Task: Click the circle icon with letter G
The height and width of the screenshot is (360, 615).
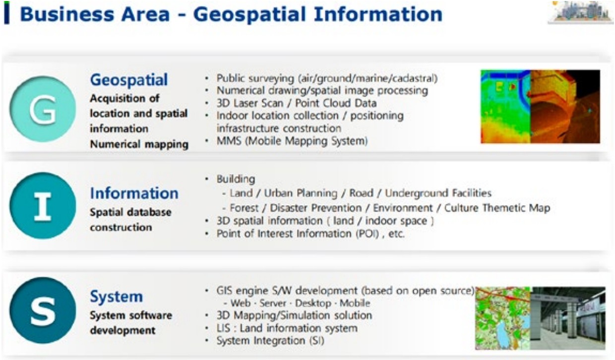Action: (43, 109)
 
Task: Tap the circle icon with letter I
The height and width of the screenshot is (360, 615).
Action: (43, 206)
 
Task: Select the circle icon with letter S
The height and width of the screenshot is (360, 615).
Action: (43, 310)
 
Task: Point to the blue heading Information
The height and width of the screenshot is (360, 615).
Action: (134, 193)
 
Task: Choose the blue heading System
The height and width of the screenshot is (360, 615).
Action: (117, 297)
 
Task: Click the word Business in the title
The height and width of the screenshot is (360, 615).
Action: (67, 14)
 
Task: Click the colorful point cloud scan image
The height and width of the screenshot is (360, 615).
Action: (540, 107)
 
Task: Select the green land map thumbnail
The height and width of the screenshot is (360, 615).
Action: (503, 318)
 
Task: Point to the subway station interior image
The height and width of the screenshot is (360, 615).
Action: (568, 318)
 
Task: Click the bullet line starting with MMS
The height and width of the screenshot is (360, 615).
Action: (292, 141)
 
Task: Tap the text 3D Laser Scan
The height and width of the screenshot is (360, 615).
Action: (249, 103)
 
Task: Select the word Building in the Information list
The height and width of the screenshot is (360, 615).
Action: (236, 179)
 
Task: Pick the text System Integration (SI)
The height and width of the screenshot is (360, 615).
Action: (270, 341)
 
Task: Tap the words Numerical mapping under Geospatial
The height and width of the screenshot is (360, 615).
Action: (139, 144)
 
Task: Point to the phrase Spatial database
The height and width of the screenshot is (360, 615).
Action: (131, 212)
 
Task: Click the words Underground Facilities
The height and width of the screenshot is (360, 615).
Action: (438, 193)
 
